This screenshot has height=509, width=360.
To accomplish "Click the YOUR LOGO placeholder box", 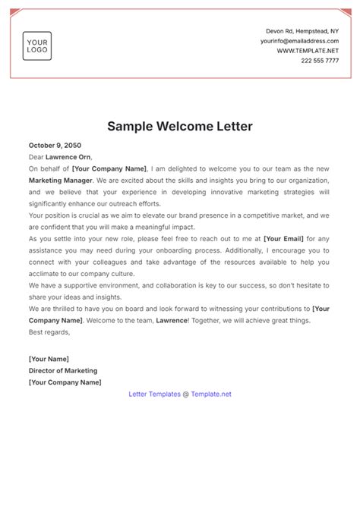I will click(36, 46).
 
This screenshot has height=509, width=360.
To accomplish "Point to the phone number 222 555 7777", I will click(321, 61).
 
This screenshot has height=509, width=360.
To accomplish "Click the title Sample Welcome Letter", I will click(180, 125).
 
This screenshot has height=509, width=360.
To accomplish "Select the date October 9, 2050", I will click(55, 145).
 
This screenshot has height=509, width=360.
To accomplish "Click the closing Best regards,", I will click(49, 332).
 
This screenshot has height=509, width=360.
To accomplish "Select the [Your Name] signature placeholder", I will click(49, 359).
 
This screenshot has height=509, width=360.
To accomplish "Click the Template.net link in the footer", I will click(211, 394).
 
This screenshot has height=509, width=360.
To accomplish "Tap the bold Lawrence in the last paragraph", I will click(175, 321).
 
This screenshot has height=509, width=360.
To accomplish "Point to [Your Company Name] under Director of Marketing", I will click(65, 382).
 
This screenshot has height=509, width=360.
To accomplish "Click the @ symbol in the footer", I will click(186, 394).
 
